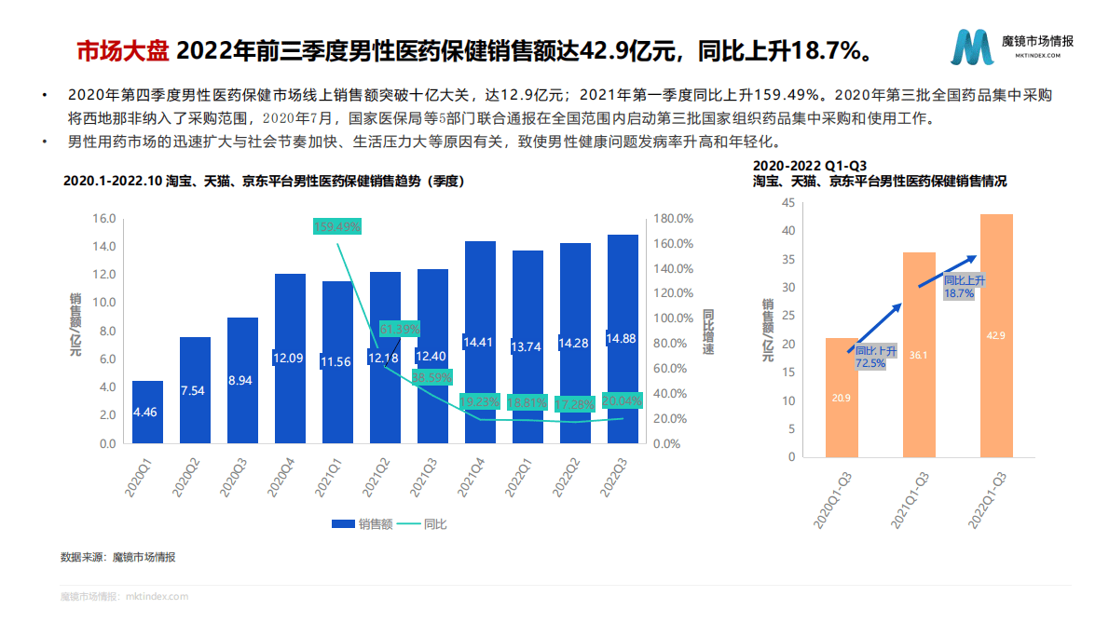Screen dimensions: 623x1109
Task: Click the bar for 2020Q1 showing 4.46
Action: click(147, 412)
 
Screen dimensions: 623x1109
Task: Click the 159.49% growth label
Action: click(337, 226)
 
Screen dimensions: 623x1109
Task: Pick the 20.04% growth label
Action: click(623, 400)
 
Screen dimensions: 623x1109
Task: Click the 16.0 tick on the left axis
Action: click(103, 219)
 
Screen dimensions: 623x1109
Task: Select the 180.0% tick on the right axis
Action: click(672, 219)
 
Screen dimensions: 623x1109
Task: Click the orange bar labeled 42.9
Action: click(996, 335)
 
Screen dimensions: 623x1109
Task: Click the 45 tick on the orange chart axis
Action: click(788, 202)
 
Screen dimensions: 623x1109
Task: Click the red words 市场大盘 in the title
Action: click(122, 49)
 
